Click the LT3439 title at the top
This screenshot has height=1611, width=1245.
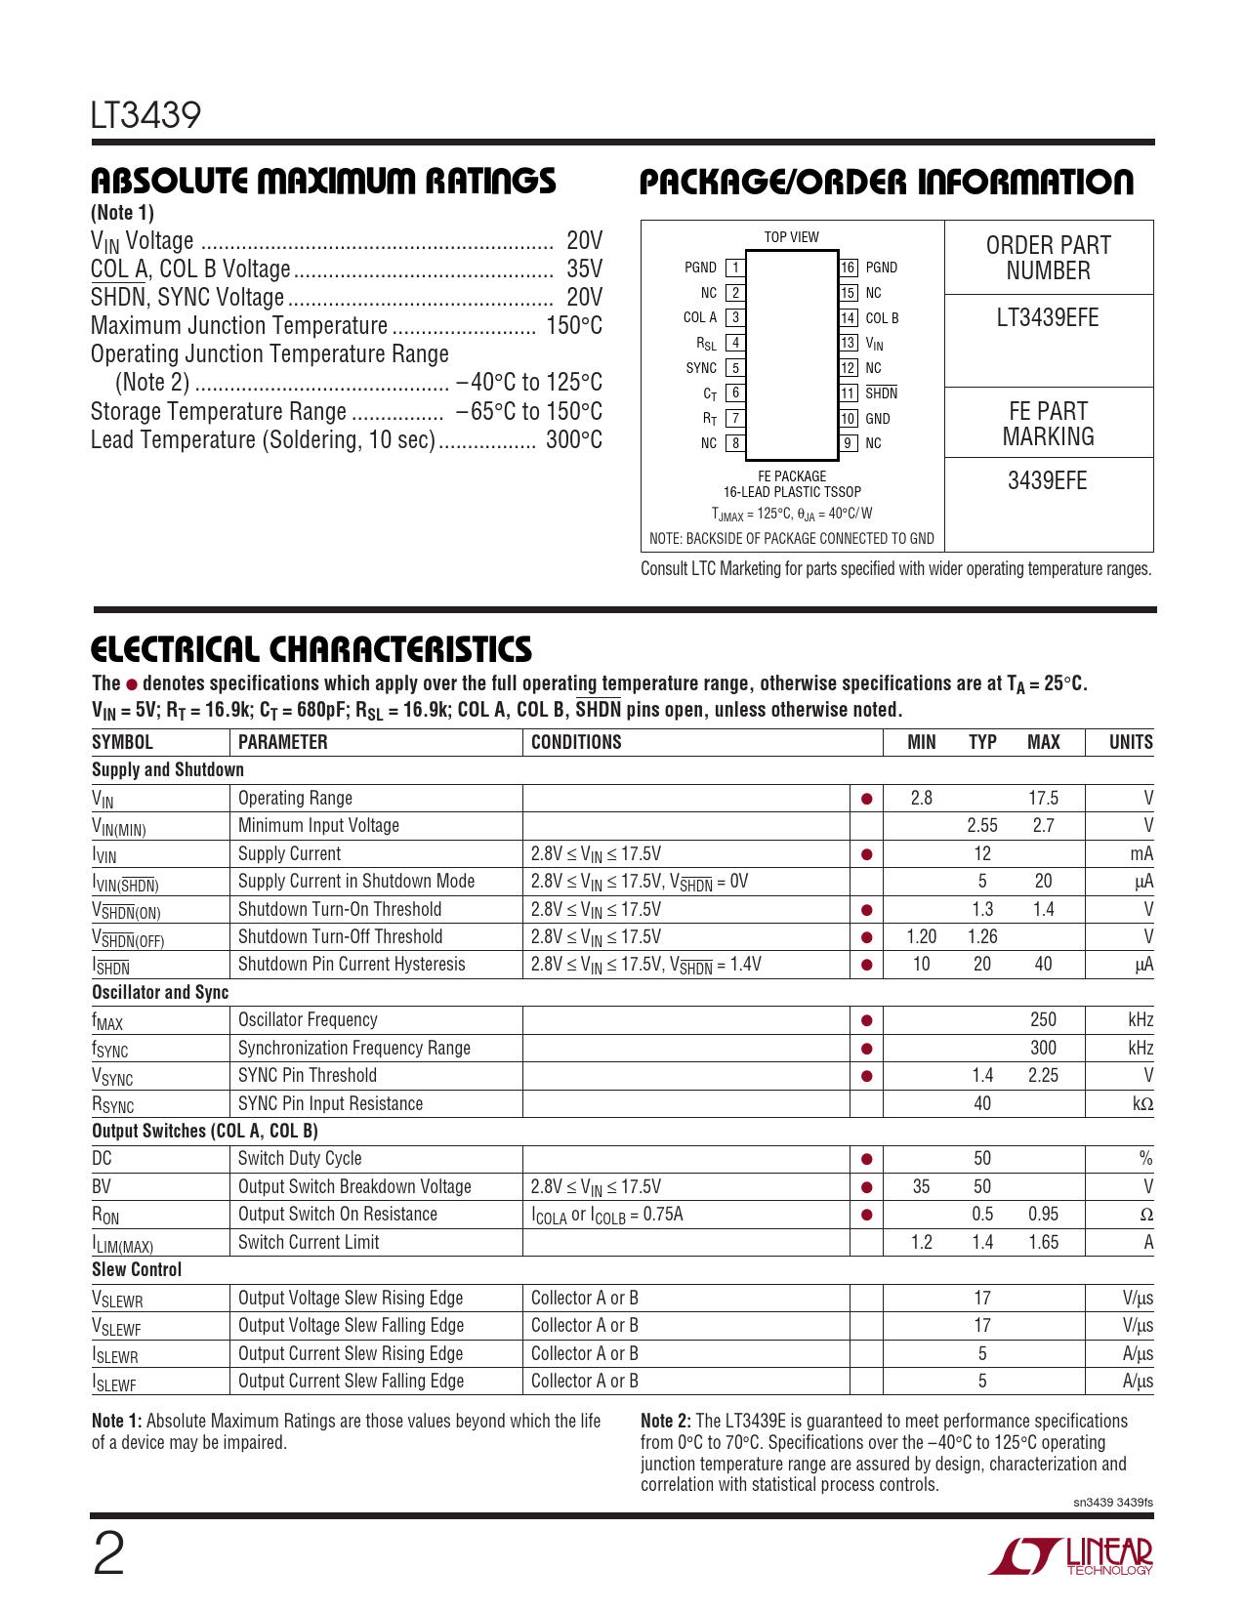[145, 115]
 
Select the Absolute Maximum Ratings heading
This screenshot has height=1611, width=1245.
[323, 182]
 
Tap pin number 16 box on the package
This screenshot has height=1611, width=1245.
[849, 268]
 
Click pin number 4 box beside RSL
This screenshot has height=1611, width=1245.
[735, 343]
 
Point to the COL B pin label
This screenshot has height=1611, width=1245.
[882, 318]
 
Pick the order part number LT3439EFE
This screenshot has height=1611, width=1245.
[1048, 318]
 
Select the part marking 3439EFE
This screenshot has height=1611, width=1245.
[1048, 481]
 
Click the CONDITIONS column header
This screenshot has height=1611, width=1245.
[576, 742]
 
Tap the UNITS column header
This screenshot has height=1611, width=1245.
[1131, 742]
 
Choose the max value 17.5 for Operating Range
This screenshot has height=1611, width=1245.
[1043, 798]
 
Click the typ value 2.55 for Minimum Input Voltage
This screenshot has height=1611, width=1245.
[982, 826]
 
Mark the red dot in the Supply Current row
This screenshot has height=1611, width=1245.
[866, 854]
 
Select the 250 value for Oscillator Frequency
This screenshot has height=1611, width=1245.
[1043, 1019]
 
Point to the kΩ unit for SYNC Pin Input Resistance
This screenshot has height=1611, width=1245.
[1141, 1103]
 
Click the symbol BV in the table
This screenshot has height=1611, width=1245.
[102, 1186]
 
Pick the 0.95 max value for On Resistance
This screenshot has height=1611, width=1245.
[1043, 1214]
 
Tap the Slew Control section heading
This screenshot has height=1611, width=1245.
[137, 1269]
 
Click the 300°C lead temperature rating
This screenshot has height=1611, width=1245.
[574, 440]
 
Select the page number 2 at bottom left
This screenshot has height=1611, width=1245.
[108, 1555]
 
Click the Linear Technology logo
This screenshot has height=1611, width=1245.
[1071, 1556]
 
